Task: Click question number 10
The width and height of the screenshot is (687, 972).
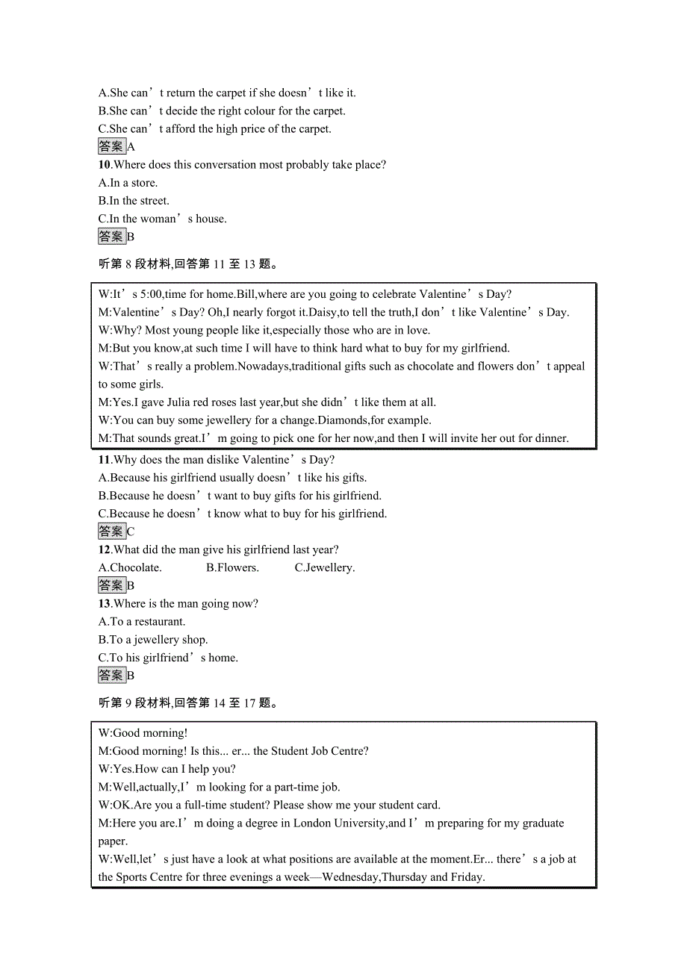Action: pos(105,165)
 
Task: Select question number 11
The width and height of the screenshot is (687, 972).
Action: pos(105,460)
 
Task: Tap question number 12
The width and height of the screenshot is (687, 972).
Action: pos(105,550)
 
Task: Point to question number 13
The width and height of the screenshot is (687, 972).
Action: pos(105,604)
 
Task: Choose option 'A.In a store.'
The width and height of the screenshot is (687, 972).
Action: pos(128,183)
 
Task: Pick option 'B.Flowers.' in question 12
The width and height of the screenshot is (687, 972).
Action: pos(232,568)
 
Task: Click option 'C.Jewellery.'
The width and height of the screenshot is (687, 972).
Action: pos(325,568)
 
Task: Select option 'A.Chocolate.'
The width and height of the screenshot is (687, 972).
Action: pos(130,568)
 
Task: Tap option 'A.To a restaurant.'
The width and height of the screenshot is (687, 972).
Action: pos(142,622)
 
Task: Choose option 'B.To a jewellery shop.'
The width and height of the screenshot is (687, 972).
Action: pos(153,640)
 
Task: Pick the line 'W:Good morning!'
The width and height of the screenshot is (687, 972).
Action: pos(143,734)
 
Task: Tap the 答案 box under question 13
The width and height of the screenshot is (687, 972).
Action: pos(112,676)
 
